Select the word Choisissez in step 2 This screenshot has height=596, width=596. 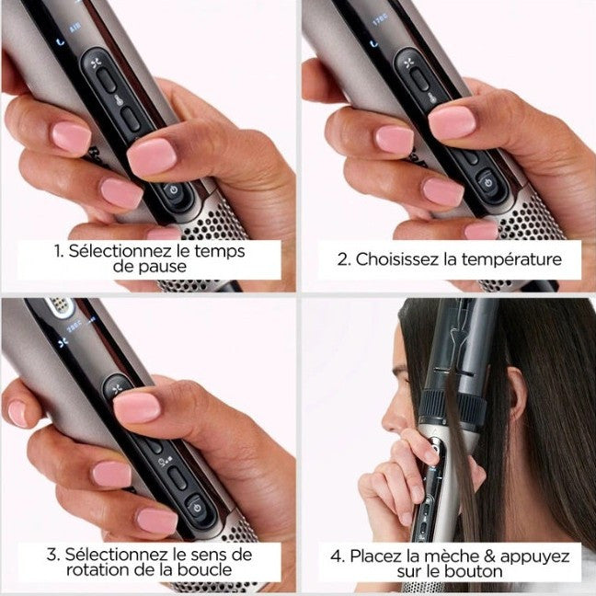click(x=397, y=259)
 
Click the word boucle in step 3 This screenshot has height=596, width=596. click(x=204, y=569)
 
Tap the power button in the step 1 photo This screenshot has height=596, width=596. click(x=174, y=190)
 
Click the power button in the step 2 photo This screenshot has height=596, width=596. click(x=488, y=184)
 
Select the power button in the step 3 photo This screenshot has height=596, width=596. click(x=197, y=508)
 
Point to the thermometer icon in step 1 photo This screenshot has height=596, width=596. click(x=119, y=100)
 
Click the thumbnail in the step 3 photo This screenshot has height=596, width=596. click(x=138, y=407)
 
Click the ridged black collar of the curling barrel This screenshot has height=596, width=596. click(x=454, y=405)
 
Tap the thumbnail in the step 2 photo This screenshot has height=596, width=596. click(x=452, y=122)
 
